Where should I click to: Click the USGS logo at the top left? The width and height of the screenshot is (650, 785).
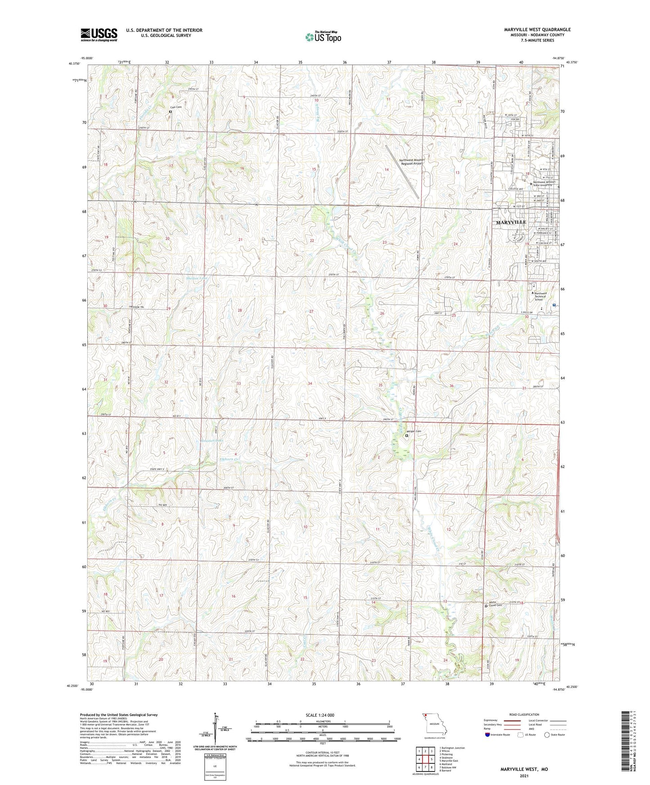click(x=99, y=34)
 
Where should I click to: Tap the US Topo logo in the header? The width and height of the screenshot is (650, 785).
click(x=323, y=37)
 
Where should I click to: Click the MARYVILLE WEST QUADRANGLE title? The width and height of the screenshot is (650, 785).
click(x=537, y=30)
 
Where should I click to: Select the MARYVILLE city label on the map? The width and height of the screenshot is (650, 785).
click(x=511, y=223)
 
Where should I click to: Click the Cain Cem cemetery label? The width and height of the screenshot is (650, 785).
click(x=175, y=107)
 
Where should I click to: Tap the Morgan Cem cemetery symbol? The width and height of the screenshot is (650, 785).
click(x=407, y=436)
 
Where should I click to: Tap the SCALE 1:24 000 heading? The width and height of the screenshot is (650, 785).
click(x=319, y=715)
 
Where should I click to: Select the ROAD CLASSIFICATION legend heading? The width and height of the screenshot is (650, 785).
click(x=524, y=714)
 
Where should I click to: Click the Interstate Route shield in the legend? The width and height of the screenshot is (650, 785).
click(x=487, y=735)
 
